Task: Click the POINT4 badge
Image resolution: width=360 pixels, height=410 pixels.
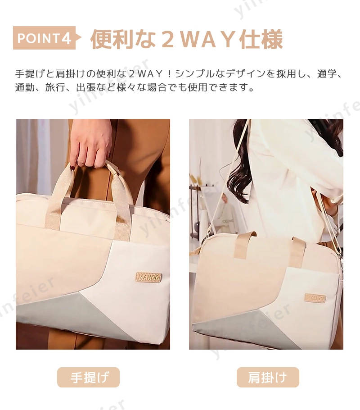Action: point(46,38)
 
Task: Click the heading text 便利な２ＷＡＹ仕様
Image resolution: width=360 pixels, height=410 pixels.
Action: point(187,39)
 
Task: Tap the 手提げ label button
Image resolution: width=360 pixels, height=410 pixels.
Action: point(88,377)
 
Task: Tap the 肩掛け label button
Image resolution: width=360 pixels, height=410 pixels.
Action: point(268,377)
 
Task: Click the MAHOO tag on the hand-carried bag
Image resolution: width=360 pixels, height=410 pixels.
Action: point(148,277)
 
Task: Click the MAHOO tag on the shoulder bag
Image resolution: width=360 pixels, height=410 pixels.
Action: point(315,298)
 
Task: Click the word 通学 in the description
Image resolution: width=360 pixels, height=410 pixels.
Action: point(327,74)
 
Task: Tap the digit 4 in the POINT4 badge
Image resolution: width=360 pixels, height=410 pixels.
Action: point(66,38)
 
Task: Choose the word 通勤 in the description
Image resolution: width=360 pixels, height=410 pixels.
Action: point(25,87)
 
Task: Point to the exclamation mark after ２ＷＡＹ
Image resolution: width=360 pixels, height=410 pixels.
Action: point(170,74)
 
